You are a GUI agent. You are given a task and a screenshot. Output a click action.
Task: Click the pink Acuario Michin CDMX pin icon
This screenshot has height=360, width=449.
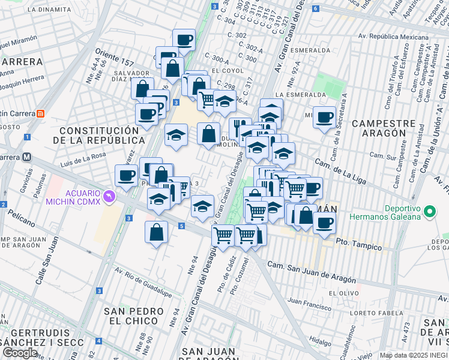[109, 196]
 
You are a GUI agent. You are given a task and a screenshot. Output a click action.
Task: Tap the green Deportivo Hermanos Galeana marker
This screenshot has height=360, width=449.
[429, 212]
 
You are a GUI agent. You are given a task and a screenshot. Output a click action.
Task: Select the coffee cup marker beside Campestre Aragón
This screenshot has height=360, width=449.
[325, 118]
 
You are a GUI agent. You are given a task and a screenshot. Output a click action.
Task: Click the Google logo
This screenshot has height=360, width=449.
[20, 352]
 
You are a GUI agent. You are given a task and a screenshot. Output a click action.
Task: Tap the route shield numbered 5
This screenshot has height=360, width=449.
[181, 226]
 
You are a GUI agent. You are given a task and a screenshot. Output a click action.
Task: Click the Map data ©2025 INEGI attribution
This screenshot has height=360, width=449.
[414, 355]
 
